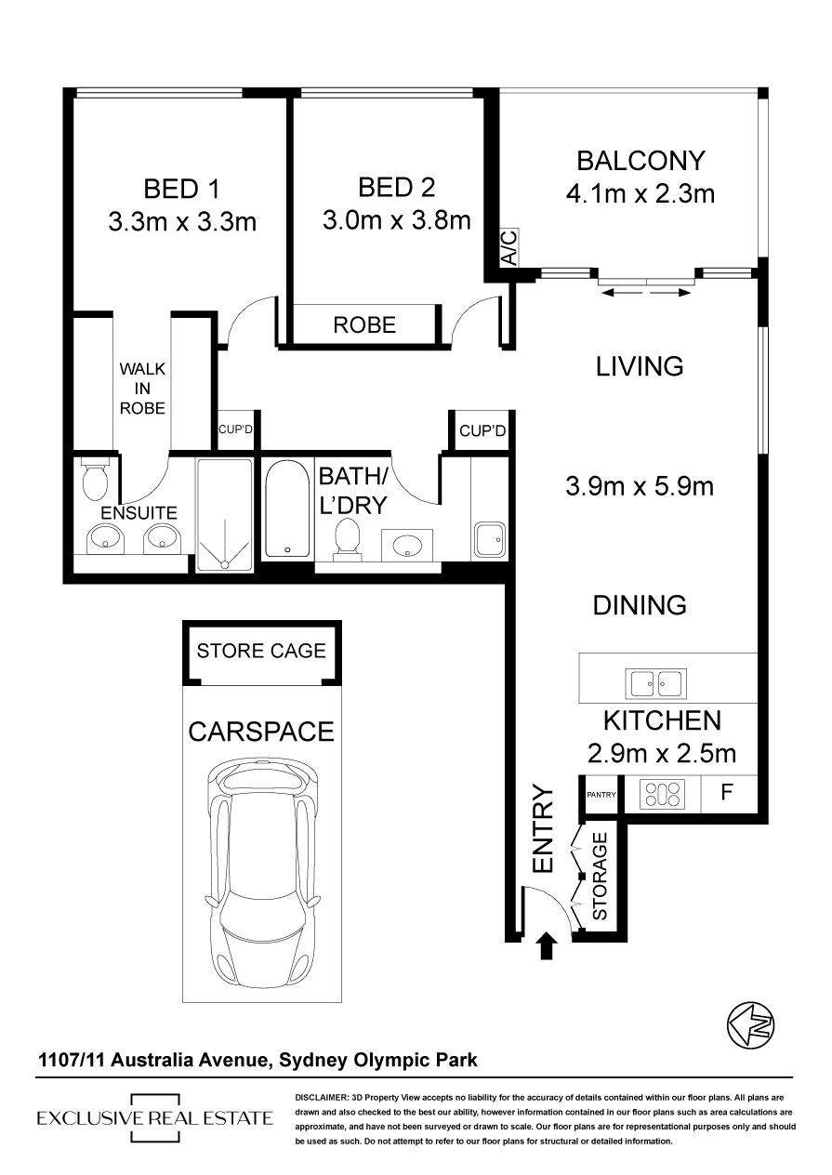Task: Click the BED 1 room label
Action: click(181, 189)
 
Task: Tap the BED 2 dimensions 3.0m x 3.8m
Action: click(397, 220)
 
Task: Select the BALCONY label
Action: click(641, 161)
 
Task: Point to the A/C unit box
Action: click(508, 247)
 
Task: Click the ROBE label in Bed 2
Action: click(364, 325)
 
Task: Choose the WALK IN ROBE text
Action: click(142, 389)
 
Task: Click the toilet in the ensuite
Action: click(96, 478)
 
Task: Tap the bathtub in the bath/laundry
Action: click(287, 508)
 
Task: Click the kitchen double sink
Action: click(655, 684)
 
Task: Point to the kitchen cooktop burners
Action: click(662, 795)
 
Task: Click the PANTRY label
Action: click(601, 795)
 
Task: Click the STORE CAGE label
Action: click(261, 651)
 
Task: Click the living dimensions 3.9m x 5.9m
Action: click(640, 487)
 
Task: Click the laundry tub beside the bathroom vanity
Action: click(490, 539)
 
